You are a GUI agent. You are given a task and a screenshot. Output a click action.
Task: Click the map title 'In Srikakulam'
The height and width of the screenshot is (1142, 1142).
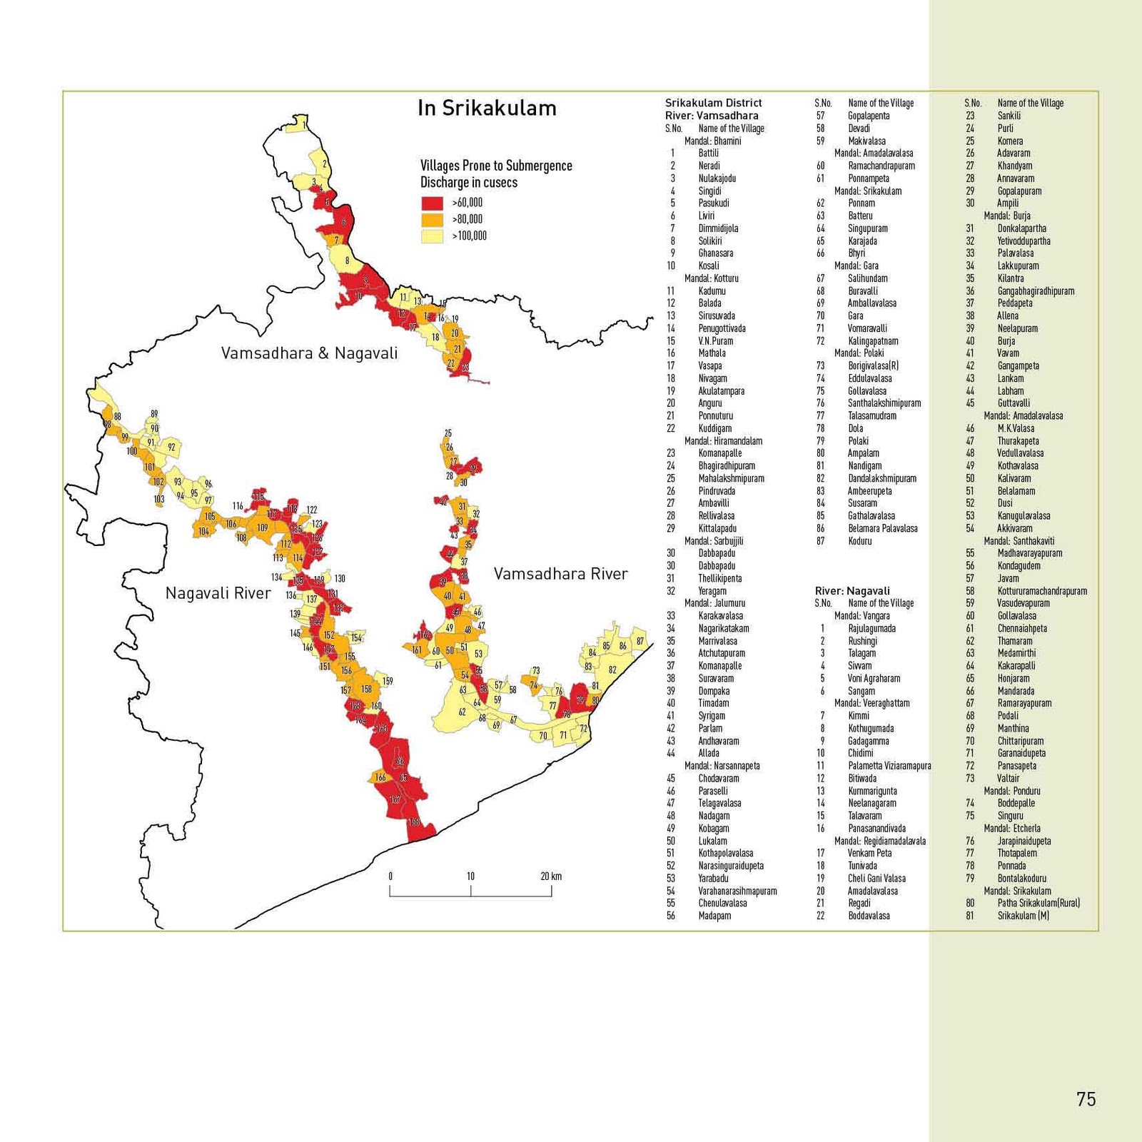(x=487, y=108)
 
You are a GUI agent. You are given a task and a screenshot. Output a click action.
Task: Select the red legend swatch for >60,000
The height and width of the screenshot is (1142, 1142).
(x=432, y=203)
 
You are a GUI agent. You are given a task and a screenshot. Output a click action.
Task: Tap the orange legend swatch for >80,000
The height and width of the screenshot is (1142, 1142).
(x=432, y=219)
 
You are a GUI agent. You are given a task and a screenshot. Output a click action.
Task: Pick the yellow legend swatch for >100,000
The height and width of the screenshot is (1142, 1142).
(x=432, y=236)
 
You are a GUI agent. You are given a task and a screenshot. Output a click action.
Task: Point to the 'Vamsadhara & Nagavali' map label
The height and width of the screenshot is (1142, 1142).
(x=309, y=353)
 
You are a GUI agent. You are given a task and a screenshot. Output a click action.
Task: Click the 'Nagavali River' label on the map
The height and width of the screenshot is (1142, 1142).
(x=218, y=593)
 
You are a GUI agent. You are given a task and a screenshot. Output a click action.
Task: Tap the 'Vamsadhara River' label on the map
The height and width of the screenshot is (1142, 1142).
(x=560, y=574)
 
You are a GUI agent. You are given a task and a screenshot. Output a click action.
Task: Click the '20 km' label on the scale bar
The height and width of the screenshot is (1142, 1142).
(x=550, y=876)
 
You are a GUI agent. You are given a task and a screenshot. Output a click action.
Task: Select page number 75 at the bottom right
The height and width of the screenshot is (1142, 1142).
(x=1086, y=1099)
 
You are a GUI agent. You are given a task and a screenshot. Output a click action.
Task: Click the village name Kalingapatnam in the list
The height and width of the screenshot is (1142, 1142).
(x=873, y=341)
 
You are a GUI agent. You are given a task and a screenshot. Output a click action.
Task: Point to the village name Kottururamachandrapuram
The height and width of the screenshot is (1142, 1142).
(x=1042, y=591)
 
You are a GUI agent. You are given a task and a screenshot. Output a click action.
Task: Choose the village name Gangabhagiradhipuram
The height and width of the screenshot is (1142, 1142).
(x=1036, y=291)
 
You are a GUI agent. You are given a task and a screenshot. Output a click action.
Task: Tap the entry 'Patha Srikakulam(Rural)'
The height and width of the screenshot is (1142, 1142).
(x=1039, y=903)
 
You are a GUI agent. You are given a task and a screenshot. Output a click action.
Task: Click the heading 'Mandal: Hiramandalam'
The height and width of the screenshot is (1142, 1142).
(x=723, y=441)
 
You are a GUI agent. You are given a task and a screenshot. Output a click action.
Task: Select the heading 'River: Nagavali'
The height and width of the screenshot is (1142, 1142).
(x=852, y=591)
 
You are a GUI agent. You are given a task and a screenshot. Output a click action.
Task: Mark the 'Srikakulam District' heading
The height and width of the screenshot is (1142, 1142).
(x=713, y=103)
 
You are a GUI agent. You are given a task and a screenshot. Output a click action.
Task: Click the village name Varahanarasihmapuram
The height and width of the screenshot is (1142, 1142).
(x=737, y=891)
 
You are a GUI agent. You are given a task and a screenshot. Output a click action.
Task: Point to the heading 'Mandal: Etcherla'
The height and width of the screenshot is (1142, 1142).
(x=1011, y=828)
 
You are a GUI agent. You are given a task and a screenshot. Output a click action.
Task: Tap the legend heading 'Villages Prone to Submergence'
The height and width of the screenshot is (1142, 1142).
(x=496, y=166)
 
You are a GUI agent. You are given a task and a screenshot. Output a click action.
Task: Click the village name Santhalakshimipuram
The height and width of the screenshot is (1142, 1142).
(x=884, y=403)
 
